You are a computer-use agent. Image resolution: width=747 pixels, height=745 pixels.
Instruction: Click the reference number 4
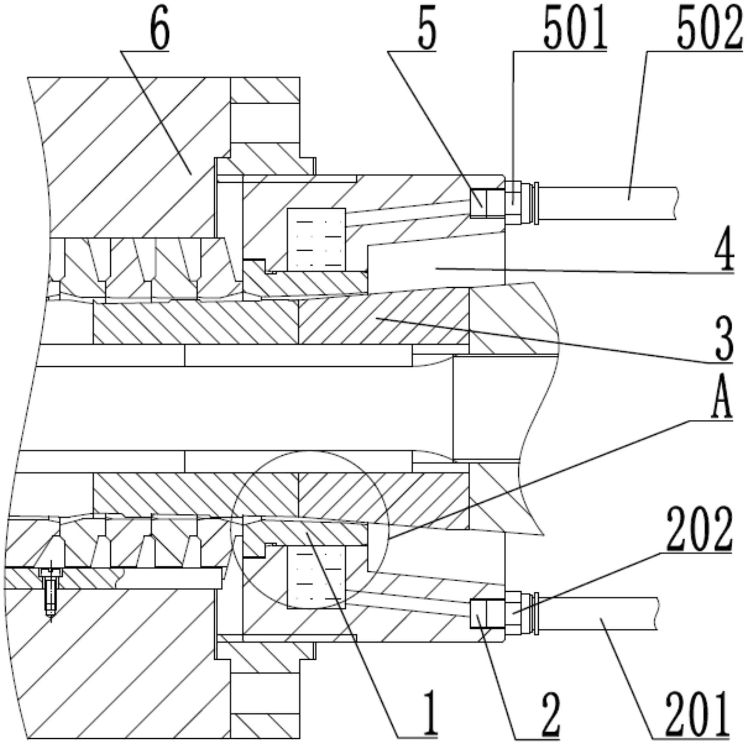point(724,253)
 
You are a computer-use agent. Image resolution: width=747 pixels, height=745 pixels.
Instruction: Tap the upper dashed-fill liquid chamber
point(316,239)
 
